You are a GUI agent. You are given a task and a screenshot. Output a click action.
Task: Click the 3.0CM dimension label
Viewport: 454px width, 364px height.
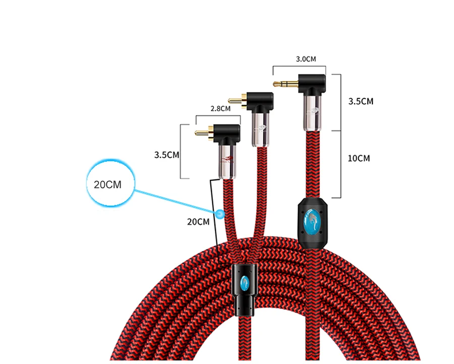306,59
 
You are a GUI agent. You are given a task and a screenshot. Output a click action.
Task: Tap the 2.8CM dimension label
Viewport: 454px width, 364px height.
220,108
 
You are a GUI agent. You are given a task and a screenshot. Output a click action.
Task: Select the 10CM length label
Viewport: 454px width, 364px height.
359,158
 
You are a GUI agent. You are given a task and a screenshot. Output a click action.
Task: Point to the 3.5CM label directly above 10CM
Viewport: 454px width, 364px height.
361,101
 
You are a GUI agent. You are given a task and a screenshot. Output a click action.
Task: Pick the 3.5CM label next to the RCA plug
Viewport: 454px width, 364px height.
167,155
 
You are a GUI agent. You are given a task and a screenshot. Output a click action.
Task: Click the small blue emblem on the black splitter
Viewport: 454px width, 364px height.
245,282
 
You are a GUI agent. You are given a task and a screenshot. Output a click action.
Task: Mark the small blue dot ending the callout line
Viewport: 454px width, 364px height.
220,214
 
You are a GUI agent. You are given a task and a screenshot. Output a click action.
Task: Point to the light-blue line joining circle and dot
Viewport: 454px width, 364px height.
177,202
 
